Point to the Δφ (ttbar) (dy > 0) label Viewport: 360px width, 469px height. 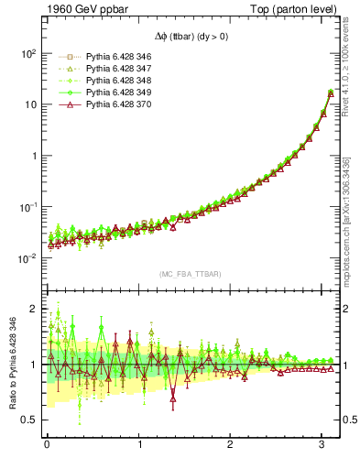tap(191, 38)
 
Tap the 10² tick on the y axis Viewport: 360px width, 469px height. tap(28, 53)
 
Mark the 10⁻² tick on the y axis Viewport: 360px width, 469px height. tap(28, 258)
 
